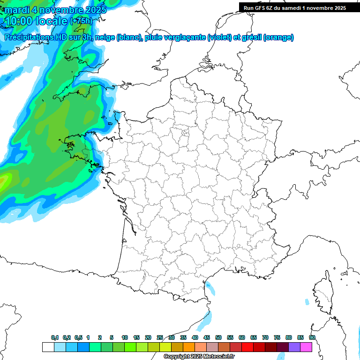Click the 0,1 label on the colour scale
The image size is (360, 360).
point(55,338)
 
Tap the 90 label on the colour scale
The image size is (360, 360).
point(312,338)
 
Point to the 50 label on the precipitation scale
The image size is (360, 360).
point(218,338)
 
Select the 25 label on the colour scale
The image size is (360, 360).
point(160,338)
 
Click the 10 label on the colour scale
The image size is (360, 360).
point(125,338)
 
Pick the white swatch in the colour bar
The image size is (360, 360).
point(48,347)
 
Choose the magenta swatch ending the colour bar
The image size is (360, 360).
point(306,347)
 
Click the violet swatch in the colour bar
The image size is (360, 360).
point(294,347)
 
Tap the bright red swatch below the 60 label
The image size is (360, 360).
point(247,347)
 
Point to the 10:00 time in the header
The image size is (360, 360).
point(18,21)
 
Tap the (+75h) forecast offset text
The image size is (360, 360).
point(81,21)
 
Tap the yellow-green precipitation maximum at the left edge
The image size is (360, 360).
point(4,180)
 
